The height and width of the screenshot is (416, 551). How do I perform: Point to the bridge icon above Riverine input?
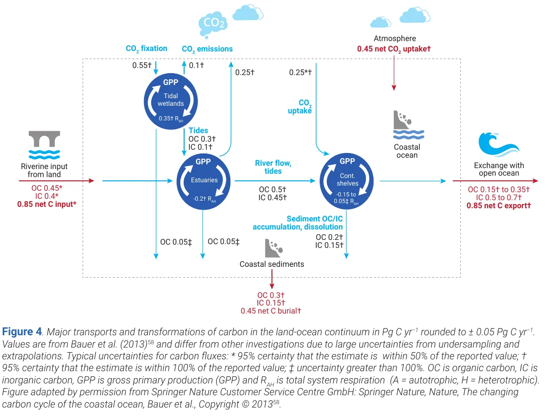point(44,139)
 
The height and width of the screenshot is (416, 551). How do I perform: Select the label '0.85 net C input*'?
point(47,204)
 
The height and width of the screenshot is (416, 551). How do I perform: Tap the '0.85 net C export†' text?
point(499,205)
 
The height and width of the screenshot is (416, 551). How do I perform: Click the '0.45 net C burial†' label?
point(271,311)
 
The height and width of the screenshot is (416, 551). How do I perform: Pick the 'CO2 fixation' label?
point(146,48)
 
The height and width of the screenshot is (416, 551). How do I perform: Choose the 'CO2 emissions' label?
point(207,49)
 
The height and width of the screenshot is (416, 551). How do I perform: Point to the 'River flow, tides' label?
point(273,167)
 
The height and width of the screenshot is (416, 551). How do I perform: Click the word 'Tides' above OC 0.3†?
point(198,130)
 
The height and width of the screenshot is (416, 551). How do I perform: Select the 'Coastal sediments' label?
point(271,264)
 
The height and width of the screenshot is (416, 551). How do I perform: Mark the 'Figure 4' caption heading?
point(22,331)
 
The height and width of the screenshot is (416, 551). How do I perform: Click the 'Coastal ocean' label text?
point(407,151)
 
